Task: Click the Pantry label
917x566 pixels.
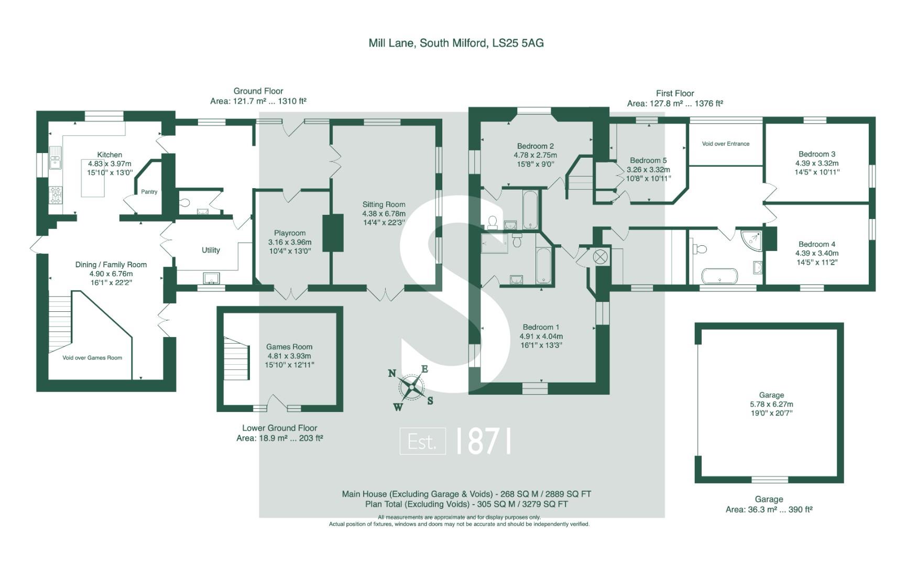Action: pyautogui.click(x=149, y=192)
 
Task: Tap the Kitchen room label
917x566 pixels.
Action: pyautogui.click(x=110, y=155)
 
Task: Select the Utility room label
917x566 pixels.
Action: pyautogui.click(x=211, y=250)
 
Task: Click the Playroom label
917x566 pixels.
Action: pyautogui.click(x=290, y=233)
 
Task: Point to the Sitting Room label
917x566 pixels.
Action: pyautogui.click(x=384, y=204)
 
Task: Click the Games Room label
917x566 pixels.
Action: pyautogui.click(x=289, y=346)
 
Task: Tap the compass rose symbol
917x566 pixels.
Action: pyautogui.click(x=412, y=388)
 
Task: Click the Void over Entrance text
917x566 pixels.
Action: pyautogui.click(x=726, y=144)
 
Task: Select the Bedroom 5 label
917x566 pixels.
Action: pyautogui.click(x=648, y=160)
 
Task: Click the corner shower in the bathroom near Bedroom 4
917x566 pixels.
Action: pyautogui.click(x=754, y=240)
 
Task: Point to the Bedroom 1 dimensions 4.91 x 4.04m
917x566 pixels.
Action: pyautogui.click(x=541, y=336)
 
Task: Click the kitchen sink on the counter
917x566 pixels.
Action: pyautogui.click(x=55, y=158)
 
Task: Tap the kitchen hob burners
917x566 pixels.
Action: pyautogui.click(x=56, y=195)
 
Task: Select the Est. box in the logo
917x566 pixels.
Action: pyautogui.click(x=422, y=441)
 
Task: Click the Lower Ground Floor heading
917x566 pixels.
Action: pyautogui.click(x=280, y=428)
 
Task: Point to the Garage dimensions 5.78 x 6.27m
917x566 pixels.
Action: pyautogui.click(x=771, y=404)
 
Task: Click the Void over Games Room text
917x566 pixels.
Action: pyautogui.click(x=92, y=358)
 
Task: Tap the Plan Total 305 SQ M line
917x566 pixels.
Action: pyautogui.click(x=466, y=504)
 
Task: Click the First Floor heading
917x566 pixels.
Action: pyautogui.click(x=675, y=93)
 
